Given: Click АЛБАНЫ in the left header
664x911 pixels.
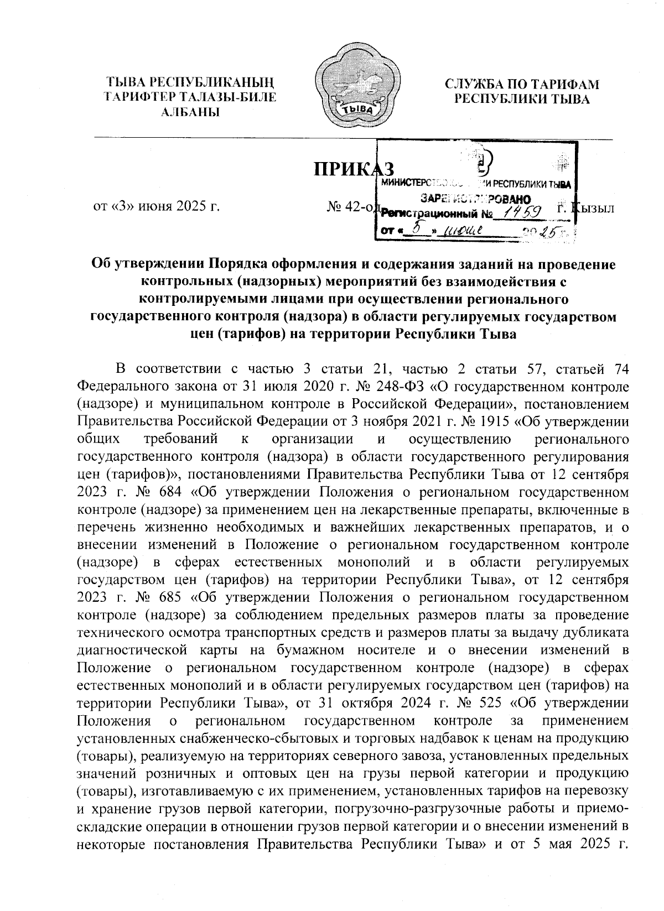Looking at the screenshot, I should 190,112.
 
